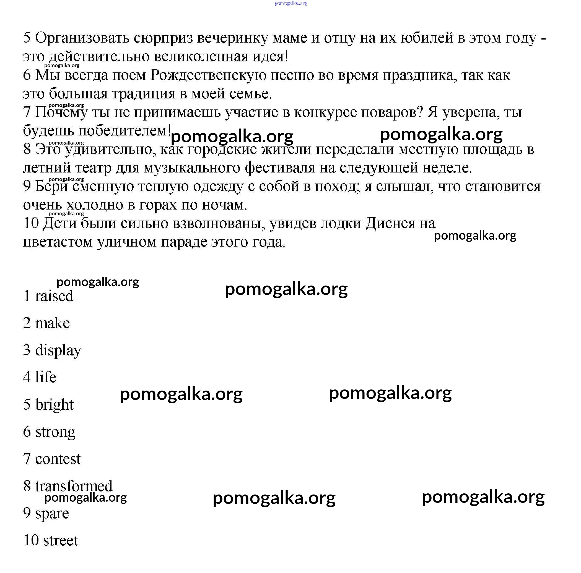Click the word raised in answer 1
[x=54, y=296]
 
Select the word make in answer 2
[x=52, y=323]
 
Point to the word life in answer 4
[x=45, y=377]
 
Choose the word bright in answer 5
[x=54, y=405]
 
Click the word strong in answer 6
[x=55, y=432]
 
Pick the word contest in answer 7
[x=58, y=459]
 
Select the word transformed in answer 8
[x=74, y=486]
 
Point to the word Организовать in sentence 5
[x=82, y=38]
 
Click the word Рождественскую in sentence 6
[x=208, y=75]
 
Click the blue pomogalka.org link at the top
[x=290, y=3]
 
